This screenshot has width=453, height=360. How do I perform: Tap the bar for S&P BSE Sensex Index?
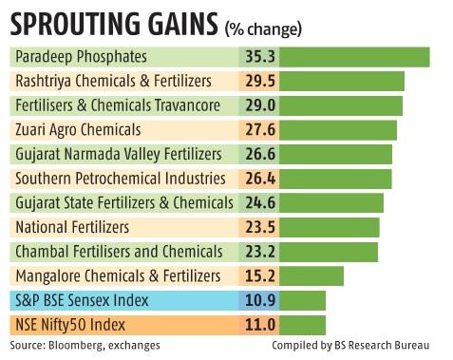[x=298, y=301]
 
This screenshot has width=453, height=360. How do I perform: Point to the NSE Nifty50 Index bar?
[x=298, y=325]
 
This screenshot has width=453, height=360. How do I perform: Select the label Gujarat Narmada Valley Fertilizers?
[x=119, y=154]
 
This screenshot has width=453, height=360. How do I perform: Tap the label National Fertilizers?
[x=72, y=227]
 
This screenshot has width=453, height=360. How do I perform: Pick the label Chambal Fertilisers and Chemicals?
[x=119, y=252]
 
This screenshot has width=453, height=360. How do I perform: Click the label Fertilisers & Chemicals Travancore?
[x=118, y=104]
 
